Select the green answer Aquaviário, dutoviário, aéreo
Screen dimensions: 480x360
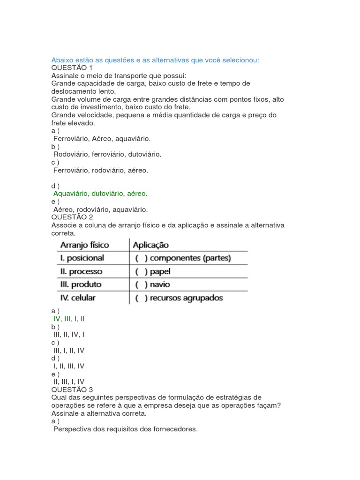(100, 194)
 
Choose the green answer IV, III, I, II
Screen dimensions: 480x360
(69, 319)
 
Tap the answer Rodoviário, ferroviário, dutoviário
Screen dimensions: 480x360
(107, 154)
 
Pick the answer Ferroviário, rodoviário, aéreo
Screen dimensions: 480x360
(100, 170)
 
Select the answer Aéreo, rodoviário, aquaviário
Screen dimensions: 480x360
(100, 210)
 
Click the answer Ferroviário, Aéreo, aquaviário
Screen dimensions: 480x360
(102, 139)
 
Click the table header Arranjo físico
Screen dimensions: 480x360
(84, 245)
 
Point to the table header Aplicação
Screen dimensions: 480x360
(151, 245)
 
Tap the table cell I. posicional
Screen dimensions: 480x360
(82, 258)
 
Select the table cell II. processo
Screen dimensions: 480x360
(81, 271)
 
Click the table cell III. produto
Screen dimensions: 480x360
(81, 285)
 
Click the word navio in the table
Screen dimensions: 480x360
(160, 285)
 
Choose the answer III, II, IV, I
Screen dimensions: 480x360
(69, 335)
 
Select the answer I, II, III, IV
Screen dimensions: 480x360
(69, 366)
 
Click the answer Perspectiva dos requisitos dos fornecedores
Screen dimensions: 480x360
(125, 429)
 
